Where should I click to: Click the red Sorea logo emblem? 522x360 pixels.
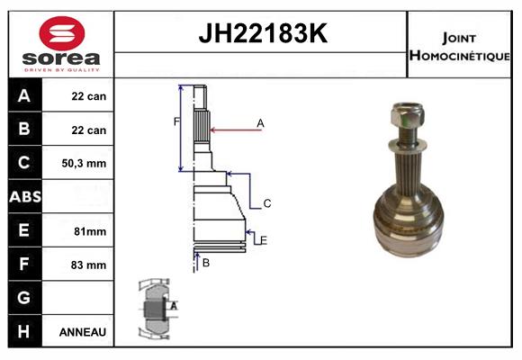[x=62, y=33]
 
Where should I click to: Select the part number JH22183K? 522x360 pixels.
[x=263, y=33]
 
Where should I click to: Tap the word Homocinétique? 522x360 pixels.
[x=459, y=55]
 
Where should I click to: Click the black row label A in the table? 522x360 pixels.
[x=24, y=95]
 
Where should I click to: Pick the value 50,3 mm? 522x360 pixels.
[x=84, y=163]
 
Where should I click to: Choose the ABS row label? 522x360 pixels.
[x=25, y=196]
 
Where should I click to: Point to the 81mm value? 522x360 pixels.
[x=90, y=231]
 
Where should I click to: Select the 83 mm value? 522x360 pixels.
[x=88, y=265]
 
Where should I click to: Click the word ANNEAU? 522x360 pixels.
[x=83, y=332]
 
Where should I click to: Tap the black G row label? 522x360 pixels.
[x=24, y=297]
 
